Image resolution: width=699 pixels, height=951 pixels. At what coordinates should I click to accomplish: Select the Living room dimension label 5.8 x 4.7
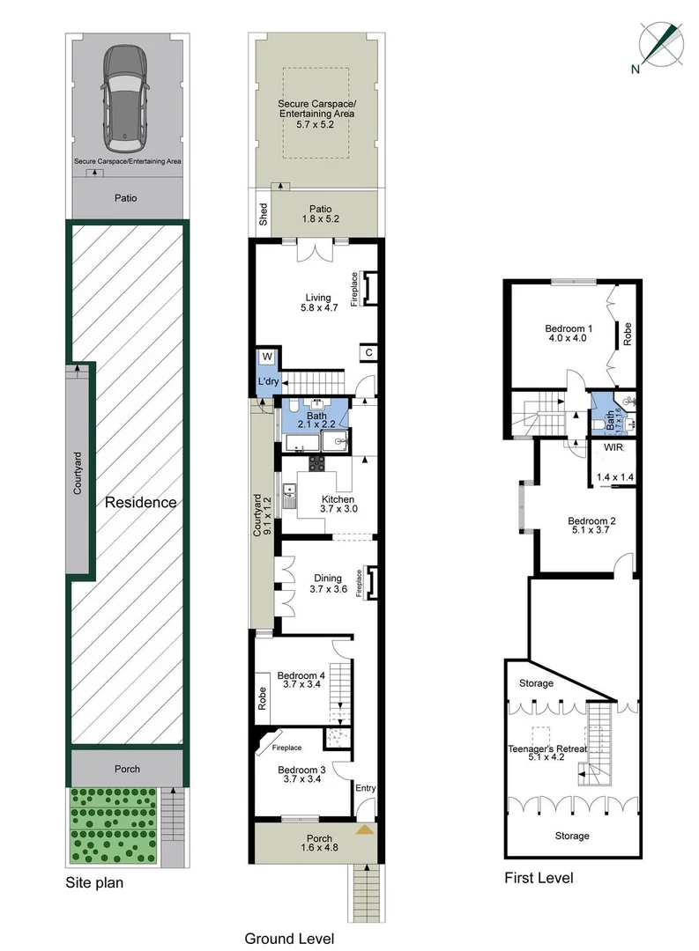(314, 308)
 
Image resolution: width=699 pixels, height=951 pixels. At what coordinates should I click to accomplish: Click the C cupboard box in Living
(368, 353)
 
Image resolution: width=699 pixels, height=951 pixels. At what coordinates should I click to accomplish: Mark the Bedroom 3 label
(301, 769)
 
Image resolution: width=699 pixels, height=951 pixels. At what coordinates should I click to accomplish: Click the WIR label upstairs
(613, 447)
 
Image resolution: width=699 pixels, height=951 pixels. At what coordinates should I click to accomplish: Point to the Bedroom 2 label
(591, 520)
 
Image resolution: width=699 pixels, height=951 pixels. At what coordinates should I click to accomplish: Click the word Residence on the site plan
(141, 503)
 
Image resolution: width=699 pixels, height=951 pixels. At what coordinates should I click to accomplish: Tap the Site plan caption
(94, 881)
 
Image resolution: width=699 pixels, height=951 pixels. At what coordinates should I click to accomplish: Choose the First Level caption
(539, 878)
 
